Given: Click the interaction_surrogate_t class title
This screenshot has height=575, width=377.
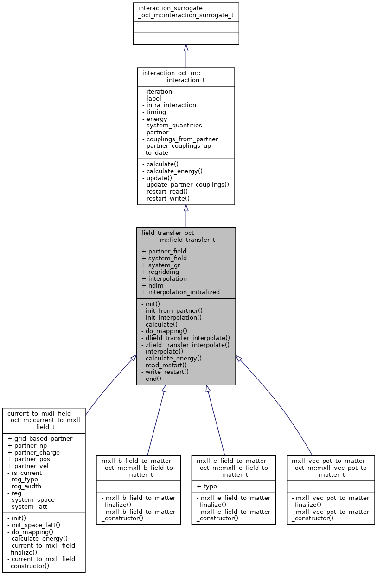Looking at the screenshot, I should coord(186,11).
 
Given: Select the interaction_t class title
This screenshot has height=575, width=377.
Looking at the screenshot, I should coord(186,76).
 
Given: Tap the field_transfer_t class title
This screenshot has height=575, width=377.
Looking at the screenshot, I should coord(186,237).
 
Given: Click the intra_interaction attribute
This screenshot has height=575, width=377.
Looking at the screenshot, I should coord(169,105).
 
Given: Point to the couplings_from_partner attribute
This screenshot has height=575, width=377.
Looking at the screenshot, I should coord(180,139).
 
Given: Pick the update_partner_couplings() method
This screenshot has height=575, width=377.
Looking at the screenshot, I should coord(185,184).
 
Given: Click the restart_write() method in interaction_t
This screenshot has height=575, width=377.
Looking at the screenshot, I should coord(167,198).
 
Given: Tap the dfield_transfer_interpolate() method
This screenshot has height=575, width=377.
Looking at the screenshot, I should coord(185,338).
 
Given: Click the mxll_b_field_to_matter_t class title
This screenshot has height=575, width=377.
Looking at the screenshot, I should coord(138,468).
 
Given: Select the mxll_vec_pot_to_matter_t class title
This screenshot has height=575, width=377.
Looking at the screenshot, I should coord(330,468).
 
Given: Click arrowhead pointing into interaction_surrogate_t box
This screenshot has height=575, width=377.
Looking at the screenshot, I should coord(186,48).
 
